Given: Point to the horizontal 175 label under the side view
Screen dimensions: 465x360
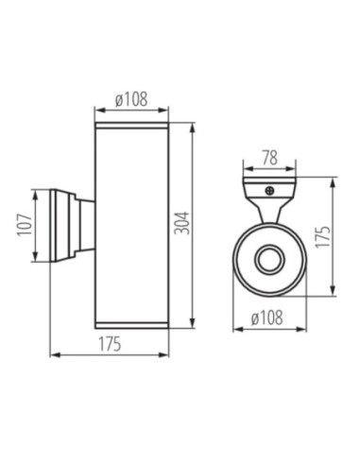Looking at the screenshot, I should point(111,345).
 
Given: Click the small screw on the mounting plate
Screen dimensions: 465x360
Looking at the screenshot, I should point(270,188).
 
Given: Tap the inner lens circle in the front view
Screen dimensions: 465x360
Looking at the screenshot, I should point(269,260).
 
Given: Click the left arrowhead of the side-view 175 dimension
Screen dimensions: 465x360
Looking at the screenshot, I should point(52,355).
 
